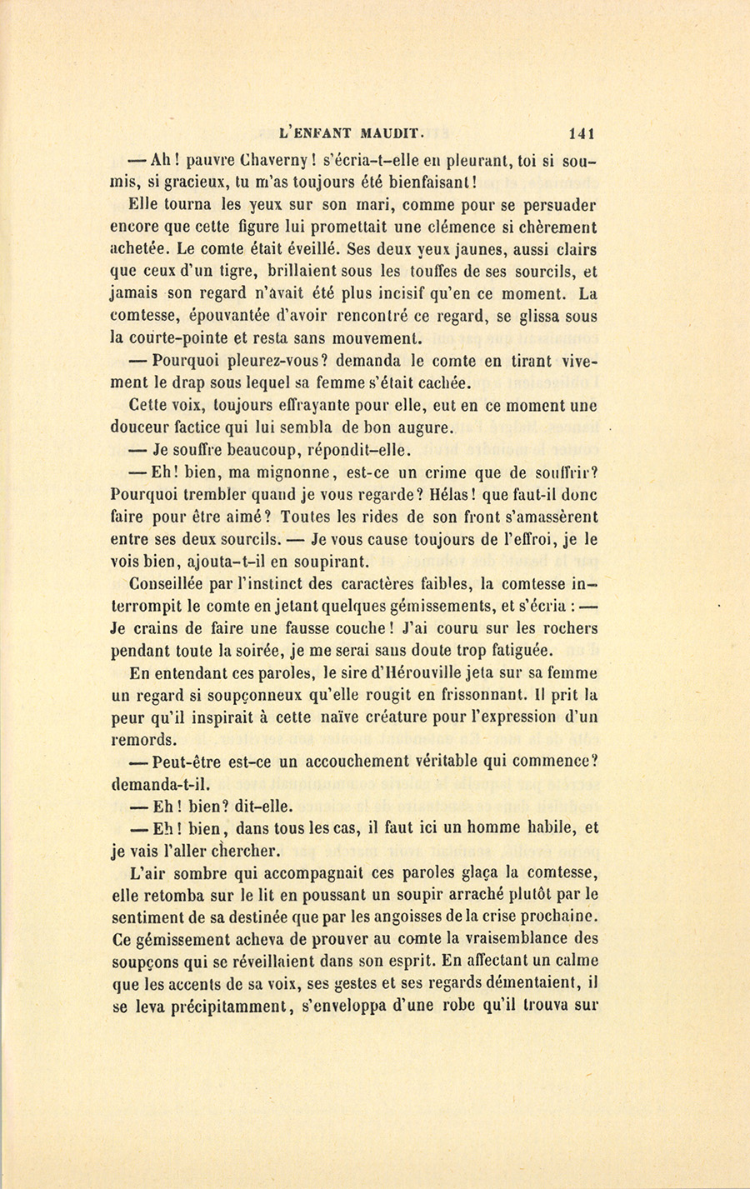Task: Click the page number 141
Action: [581, 132]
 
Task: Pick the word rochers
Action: [566, 628]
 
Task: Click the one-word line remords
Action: [143, 739]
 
